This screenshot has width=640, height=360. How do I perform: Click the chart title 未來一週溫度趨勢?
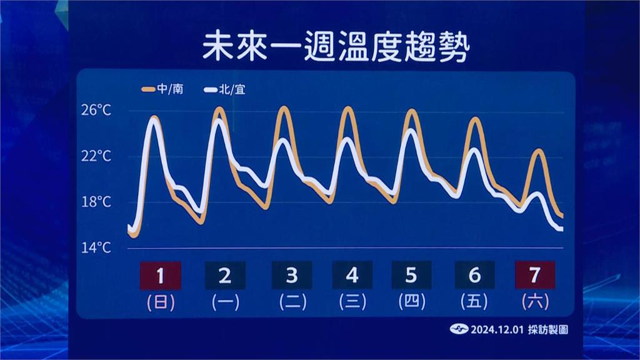coord(336,47)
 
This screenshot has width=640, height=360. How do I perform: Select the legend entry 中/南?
coord(162,89)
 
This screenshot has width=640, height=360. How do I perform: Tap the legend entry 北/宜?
coord(225,89)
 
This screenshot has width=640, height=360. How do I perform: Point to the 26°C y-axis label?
coord(96,110)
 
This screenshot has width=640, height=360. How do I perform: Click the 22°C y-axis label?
coord(96,156)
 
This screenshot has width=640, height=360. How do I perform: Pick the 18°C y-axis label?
coord(96,202)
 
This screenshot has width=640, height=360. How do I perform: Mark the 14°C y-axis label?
coord(96,247)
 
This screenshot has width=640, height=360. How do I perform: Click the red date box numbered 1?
coord(161,276)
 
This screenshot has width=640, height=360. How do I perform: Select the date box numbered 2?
coord(225,276)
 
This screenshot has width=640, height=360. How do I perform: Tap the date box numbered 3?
coord(292,276)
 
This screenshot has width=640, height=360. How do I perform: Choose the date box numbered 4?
coord(352,276)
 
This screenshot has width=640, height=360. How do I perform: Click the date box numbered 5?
coord(411,276)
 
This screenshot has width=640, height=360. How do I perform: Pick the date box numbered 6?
coord(474,276)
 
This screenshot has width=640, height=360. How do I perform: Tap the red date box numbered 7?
coord(535,275)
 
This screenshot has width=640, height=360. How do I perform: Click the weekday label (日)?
coord(161,302)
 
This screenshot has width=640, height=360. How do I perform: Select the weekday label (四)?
coord(412,302)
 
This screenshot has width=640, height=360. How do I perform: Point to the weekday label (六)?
coord(535,302)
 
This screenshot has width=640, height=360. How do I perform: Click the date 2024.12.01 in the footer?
coord(497,330)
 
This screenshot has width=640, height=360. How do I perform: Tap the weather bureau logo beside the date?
coord(459,329)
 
